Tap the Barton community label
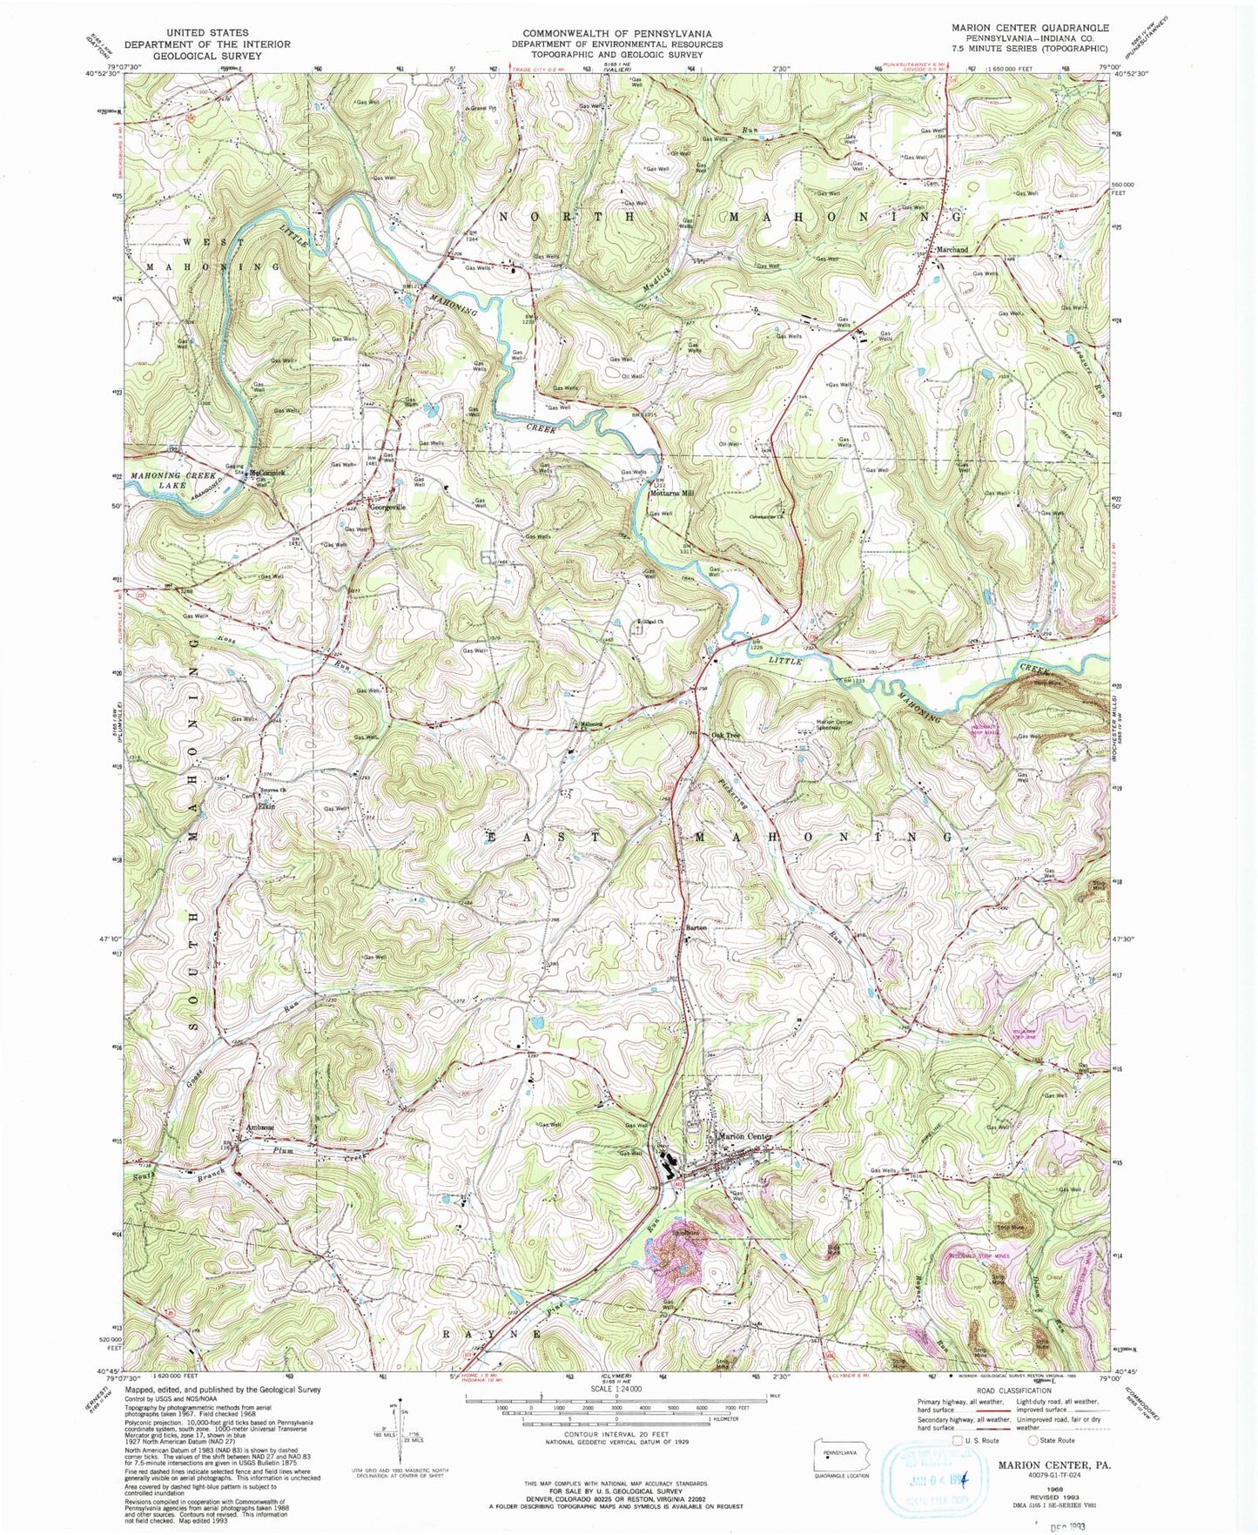point(696,928)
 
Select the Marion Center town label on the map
point(745,1136)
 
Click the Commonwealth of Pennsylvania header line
point(616,33)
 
